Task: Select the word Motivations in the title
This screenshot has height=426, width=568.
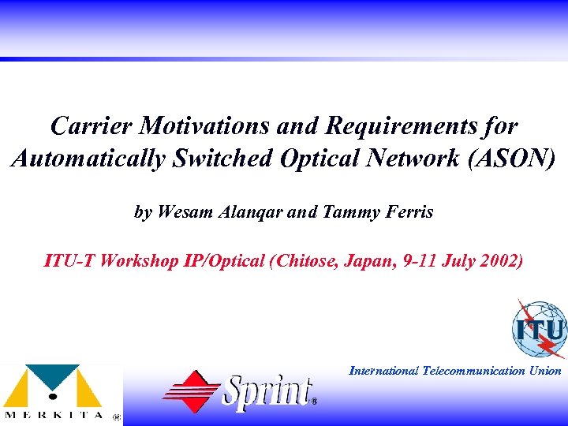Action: tap(198, 125)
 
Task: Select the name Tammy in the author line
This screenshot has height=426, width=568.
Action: tap(347, 212)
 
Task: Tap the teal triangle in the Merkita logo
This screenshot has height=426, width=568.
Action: tap(54, 374)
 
